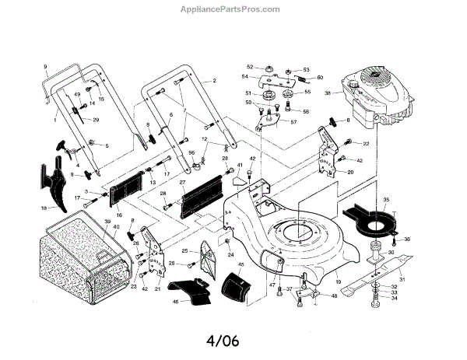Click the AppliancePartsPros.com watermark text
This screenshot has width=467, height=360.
pos(233,10)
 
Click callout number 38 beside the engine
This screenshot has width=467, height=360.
pos(328,94)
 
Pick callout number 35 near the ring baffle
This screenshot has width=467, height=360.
pos(383,201)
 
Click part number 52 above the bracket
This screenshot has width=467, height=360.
pos(250,67)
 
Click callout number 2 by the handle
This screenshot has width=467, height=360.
pos(213,81)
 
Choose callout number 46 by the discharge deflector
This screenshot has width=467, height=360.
pos(175,299)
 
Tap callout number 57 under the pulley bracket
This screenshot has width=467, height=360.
pos(293,123)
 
